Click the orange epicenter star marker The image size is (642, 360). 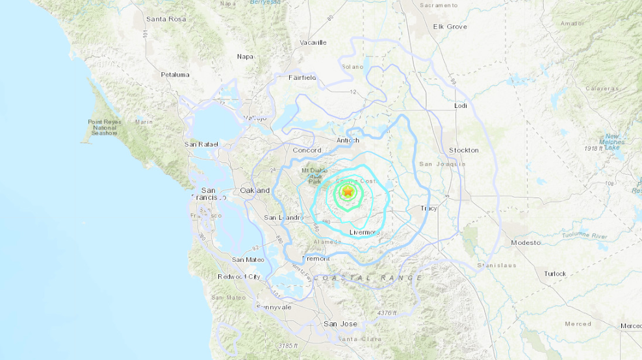348,192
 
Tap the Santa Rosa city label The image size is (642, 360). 166,19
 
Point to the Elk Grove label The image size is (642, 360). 450,27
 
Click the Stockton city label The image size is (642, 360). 464,150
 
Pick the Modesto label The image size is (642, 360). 525,242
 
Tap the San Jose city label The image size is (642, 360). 340,323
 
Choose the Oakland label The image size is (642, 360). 255,190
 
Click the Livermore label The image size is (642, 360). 364,232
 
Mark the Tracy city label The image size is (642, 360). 429,209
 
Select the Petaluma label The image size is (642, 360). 175,75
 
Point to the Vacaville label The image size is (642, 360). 313,43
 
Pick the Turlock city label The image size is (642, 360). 555,274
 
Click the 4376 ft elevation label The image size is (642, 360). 387,313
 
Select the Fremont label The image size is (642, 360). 316,258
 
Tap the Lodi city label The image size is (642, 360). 461,105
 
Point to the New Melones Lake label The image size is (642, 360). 613,142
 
